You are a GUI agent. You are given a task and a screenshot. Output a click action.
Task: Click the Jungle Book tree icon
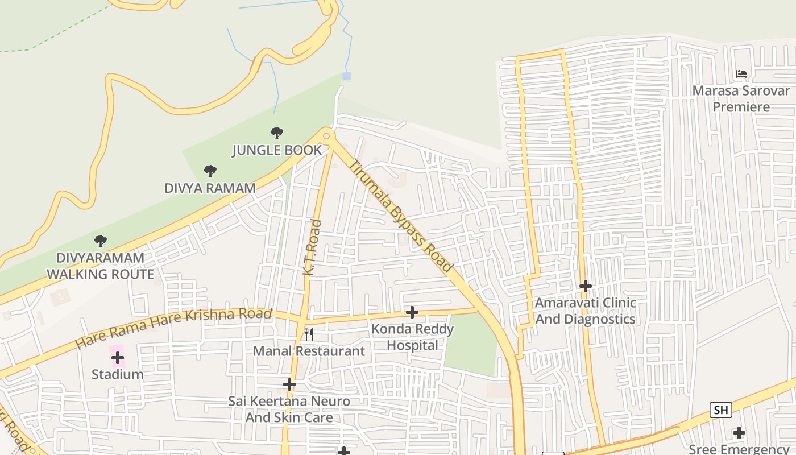[x=277, y=134]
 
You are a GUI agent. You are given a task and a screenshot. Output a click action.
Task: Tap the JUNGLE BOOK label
[x=277, y=150]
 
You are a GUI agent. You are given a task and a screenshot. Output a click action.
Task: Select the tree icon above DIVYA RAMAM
[x=210, y=171]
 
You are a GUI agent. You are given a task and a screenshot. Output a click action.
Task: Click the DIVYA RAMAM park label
[x=210, y=188]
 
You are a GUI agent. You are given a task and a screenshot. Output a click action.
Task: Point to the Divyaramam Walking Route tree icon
[x=101, y=241]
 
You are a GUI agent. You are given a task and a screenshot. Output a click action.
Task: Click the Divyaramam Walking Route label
[x=100, y=266]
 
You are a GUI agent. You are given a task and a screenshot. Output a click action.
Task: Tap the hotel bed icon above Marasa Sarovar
[x=741, y=74]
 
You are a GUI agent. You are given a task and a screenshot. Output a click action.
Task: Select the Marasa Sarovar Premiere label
[x=741, y=98]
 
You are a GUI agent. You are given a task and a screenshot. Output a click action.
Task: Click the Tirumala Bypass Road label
[x=401, y=216]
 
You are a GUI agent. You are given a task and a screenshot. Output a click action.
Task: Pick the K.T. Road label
[x=313, y=248]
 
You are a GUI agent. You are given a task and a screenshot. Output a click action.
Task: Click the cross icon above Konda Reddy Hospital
[x=412, y=312]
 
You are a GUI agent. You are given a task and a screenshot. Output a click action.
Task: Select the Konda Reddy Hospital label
[x=413, y=337]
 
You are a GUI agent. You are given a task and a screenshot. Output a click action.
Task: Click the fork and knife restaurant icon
[x=309, y=334]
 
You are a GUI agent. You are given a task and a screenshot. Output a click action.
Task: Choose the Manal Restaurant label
[x=309, y=351]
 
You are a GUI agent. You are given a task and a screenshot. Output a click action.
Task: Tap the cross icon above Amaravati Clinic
[x=585, y=286]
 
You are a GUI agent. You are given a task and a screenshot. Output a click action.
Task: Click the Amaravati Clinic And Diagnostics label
[x=585, y=311]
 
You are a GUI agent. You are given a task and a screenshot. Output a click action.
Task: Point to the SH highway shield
[x=720, y=409]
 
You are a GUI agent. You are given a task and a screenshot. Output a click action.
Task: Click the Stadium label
[x=118, y=374]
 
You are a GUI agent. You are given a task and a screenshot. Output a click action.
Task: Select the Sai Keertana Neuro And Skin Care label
[x=289, y=409]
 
